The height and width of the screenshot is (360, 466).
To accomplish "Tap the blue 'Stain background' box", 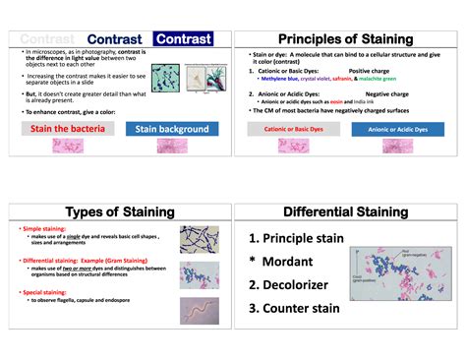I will point(172,129).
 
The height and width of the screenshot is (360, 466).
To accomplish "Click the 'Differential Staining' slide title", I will point(345,212).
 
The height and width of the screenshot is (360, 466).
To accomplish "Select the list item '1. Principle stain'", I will point(296,238).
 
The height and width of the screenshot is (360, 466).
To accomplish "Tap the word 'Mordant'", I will point(287,262).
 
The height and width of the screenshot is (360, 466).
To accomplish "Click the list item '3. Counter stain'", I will point(295,309).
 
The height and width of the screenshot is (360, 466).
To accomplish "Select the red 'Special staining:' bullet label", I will point(46,291).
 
